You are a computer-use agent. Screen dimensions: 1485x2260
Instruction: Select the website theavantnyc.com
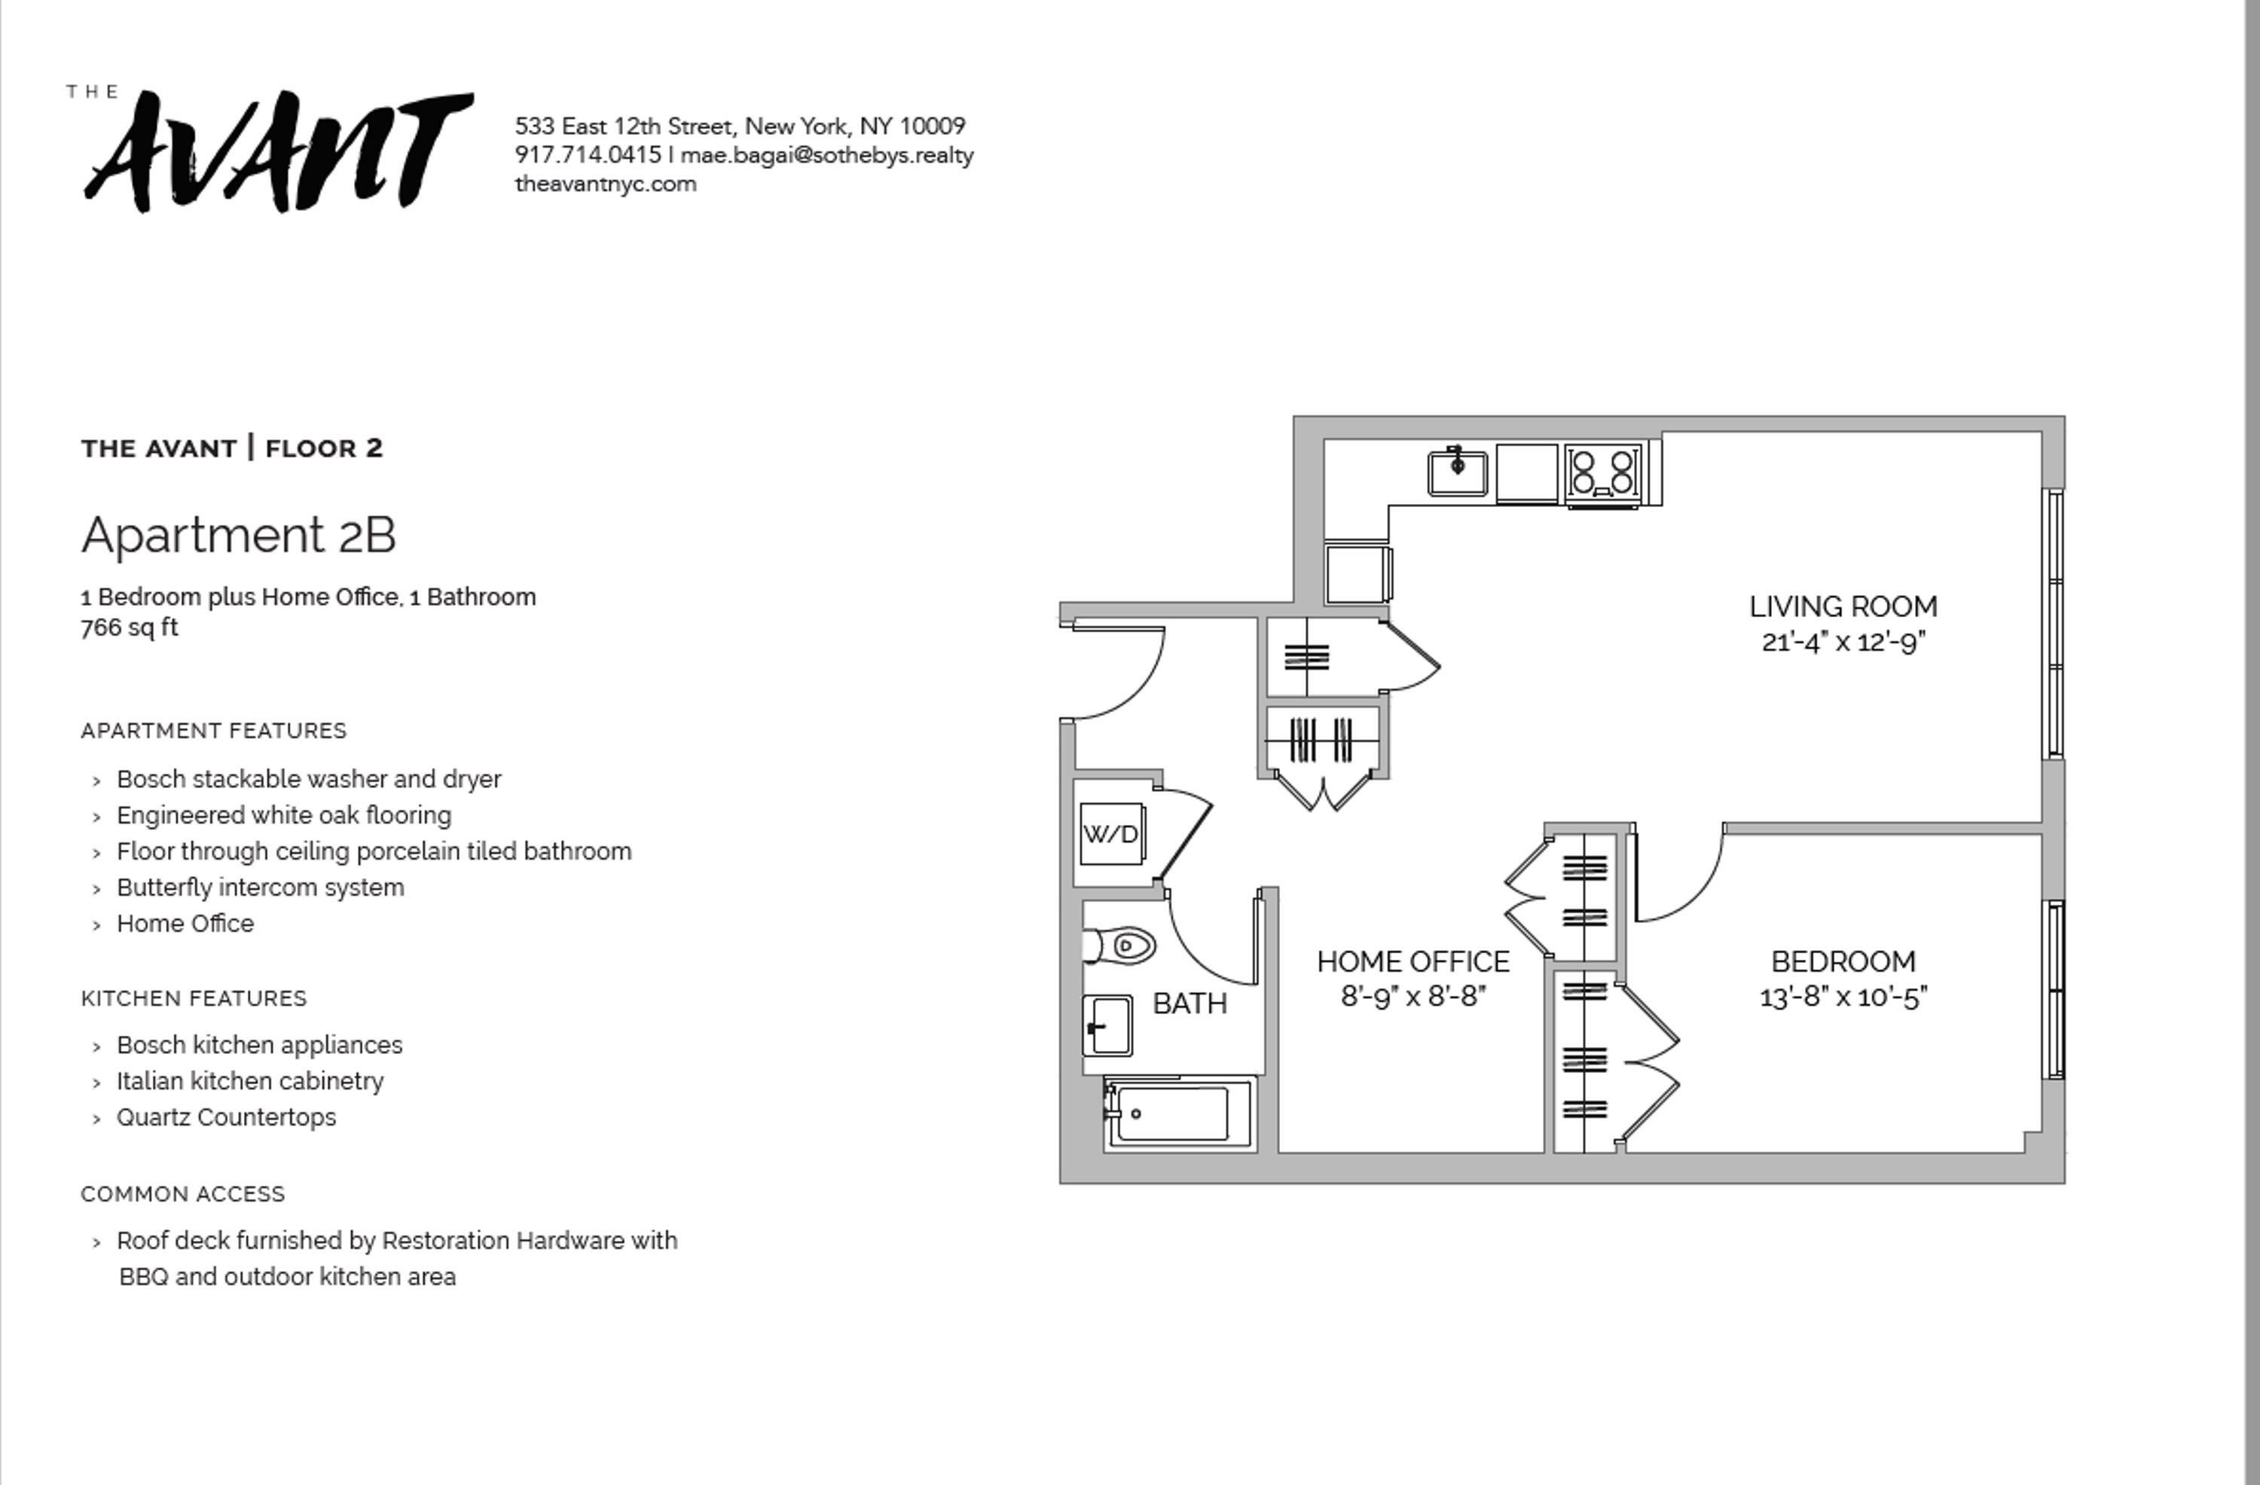click(x=606, y=184)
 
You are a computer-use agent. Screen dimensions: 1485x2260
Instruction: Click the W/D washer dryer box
click(x=1111, y=833)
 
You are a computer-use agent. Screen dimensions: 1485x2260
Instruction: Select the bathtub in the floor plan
click(x=1174, y=1114)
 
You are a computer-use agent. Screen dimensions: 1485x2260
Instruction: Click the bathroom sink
click(x=1107, y=1025)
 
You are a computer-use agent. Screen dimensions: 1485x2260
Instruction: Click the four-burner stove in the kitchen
click(x=1603, y=472)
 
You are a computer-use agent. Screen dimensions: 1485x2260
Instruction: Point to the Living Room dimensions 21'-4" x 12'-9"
click(x=1843, y=643)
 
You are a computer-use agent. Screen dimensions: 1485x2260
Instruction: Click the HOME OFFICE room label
click(x=1413, y=962)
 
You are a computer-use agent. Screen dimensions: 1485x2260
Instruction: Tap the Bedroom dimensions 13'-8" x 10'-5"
click(x=1843, y=997)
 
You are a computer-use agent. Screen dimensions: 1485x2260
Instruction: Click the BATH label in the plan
click(x=1190, y=1004)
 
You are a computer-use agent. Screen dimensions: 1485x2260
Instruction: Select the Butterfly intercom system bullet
click(x=260, y=888)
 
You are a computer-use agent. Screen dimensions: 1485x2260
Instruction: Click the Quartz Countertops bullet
click(x=226, y=1117)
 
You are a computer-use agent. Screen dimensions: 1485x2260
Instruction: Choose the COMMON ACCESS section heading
click(x=183, y=1194)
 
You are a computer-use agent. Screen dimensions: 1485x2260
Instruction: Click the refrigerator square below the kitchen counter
click(x=1357, y=573)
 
